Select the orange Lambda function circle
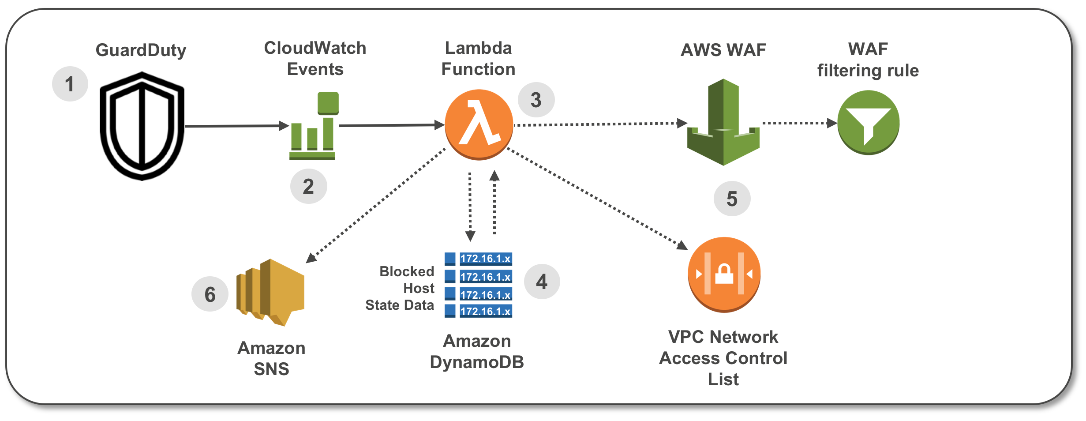point(479,124)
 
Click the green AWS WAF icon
point(723,124)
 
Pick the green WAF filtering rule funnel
point(868,123)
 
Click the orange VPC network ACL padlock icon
point(724,274)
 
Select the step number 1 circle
point(70,84)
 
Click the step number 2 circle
point(308,186)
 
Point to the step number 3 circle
point(536,100)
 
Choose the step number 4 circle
point(542,282)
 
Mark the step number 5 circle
point(732,199)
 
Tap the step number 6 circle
point(210,294)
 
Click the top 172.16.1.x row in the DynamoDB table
point(485,259)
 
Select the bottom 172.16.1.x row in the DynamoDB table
point(485,311)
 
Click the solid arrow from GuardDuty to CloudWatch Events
point(236,126)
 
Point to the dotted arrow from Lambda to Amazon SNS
point(375,206)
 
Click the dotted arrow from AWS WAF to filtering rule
point(798,123)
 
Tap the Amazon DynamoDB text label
point(477,351)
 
